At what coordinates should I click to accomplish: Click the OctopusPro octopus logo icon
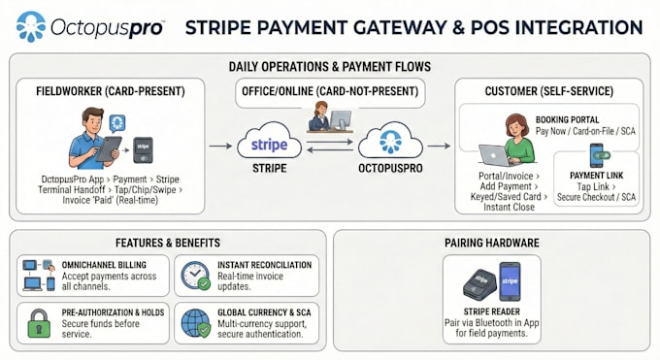pos(31,26)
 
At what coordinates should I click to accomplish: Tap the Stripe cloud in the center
pos(270,141)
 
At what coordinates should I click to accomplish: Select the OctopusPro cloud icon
pos(390,141)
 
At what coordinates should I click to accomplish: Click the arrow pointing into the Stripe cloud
pos(220,147)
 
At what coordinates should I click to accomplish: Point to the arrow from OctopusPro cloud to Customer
pos(439,147)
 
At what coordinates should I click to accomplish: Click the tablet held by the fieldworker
pos(109,148)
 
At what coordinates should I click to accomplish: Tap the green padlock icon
pos(39,323)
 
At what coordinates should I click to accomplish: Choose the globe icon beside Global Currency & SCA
pos(196,323)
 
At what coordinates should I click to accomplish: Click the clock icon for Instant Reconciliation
pos(195,276)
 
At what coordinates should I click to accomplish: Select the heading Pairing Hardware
pos(492,243)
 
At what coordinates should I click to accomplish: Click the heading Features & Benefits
pos(168,243)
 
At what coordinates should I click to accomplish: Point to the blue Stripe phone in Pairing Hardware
pos(510,281)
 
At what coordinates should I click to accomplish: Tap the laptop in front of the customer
pos(495,155)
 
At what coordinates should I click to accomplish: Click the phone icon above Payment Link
pos(597,155)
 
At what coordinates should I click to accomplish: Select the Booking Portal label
pos(567,119)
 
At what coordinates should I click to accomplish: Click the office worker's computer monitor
pos(341,120)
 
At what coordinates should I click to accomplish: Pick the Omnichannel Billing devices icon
pos(39,276)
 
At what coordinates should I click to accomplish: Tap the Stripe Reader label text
pos(492,311)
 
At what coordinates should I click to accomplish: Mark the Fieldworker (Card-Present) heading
pos(111,91)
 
